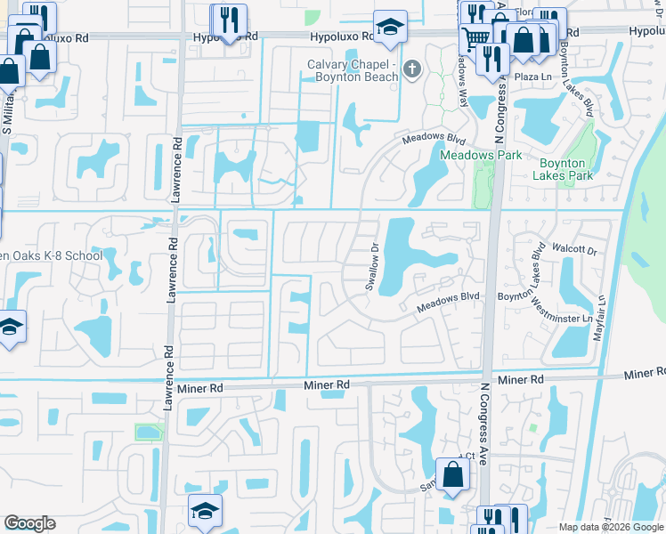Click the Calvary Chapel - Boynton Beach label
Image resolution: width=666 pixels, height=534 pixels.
point(352,70)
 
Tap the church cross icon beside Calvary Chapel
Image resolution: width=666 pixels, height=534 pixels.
point(412,69)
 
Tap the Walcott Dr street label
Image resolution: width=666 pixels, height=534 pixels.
point(573,251)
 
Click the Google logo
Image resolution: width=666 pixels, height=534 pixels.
point(29,523)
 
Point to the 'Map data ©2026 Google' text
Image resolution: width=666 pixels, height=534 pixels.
point(611,527)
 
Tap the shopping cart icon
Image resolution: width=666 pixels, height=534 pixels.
point(476,38)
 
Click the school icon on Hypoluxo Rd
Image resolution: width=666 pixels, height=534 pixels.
point(390,28)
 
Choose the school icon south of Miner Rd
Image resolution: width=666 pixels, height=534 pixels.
point(205,511)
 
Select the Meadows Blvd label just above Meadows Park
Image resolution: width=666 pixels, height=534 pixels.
point(434,140)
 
